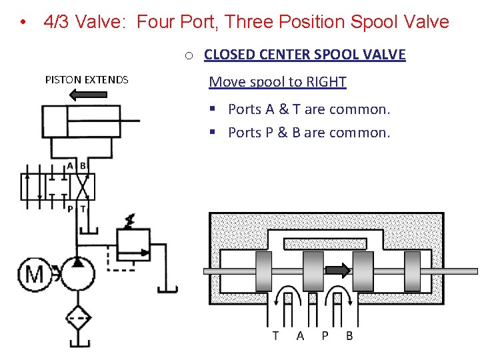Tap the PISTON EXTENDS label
(87, 80)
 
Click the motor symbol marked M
(34, 273)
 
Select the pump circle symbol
(77, 273)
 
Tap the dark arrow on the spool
(337, 270)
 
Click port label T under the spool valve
(275, 335)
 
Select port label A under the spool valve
(300, 335)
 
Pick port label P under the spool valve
(325, 335)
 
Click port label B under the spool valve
(349, 335)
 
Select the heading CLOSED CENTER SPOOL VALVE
(305, 55)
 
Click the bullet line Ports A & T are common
(309, 109)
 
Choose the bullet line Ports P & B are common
(309, 133)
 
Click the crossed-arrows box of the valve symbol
(83, 187)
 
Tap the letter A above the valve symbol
(70, 165)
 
